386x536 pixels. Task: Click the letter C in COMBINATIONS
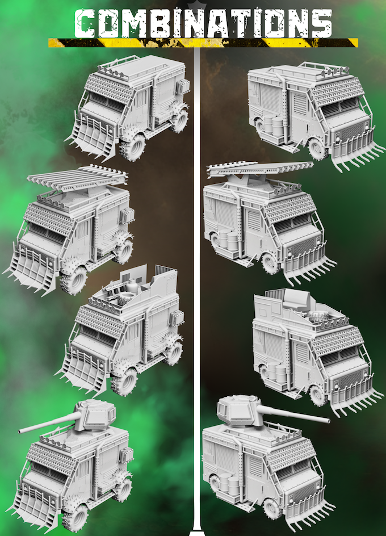pos(84,23)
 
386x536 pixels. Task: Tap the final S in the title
pos(321,23)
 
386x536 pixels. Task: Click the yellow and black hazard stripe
pos(203,43)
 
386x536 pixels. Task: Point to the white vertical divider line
pos(196,291)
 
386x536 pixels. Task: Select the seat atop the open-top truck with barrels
pos(296,300)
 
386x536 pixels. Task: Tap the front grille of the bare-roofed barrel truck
pos(351,132)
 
